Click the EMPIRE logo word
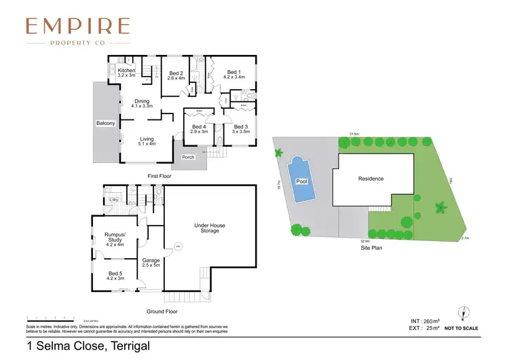click(x=77, y=27)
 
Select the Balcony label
click(x=106, y=124)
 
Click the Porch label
click(x=187, y=157)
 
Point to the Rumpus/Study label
click(x=114, y=238)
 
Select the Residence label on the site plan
click(x=371, y=179)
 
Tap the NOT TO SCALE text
click(x=461, y=329)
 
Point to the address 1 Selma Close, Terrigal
click(x=88, y=346)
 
